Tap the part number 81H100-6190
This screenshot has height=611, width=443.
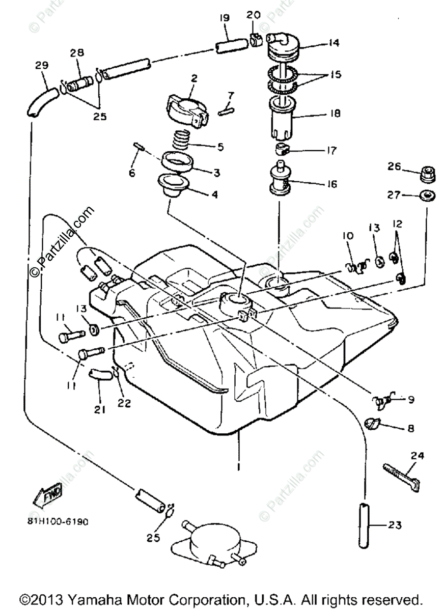pos(61,522)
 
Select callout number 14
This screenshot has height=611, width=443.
pos(334,43)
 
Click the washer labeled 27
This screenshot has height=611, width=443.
pos(427,194)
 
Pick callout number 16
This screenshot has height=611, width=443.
pos(331,184)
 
